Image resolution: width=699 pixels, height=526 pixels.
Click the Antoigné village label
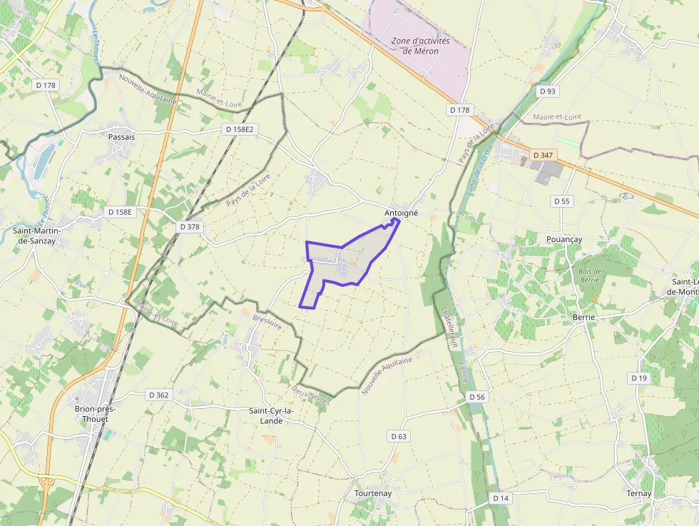(x=401, y=213)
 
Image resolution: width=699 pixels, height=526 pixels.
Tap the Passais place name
(x=121, y=136)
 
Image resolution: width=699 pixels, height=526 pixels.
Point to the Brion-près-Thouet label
(x=96, y=414)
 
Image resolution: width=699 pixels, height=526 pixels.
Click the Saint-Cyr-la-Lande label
(x=275, y=415)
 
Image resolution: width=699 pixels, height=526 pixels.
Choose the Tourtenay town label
(x=373, y=493)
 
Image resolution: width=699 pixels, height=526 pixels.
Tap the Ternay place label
(x=639, y=493)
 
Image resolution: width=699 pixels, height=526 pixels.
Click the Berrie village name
(x=583, y=316)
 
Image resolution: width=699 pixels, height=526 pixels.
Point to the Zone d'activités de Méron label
(x=421, y=46)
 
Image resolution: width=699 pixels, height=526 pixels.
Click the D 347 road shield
(x=543, y=155)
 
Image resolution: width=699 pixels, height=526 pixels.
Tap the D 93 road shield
(x=547, y=91)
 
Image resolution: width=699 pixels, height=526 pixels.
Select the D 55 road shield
(x=562, y=201)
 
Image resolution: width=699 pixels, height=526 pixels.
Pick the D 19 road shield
(x=639, y=378)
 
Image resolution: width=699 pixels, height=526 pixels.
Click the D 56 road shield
(x=477, y=397)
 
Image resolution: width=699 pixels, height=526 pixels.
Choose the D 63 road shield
(x=399, y=436)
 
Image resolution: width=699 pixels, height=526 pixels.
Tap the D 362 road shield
(x=158, y=395)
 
